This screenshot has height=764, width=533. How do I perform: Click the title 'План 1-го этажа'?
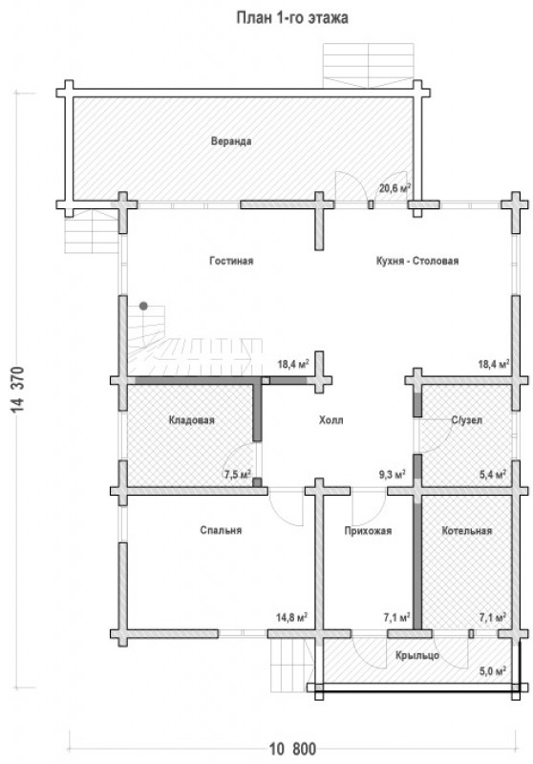[292, 18]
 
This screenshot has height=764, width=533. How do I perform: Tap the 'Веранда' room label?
[231, 141]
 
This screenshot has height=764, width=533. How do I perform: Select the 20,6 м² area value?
[394, 187]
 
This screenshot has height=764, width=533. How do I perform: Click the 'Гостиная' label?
[231, 261]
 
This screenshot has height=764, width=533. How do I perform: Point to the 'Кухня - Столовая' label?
[417, 261]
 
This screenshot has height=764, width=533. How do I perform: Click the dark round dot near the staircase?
[143, 306]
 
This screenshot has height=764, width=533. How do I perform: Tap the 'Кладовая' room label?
[191, 420]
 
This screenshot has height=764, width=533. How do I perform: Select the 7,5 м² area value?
[237, 474]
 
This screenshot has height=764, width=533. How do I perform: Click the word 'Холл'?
[330, 420]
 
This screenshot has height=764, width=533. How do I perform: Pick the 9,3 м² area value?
[393, 474]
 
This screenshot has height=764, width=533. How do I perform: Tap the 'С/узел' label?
[467, 420]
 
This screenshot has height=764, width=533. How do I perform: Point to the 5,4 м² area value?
[492, 474]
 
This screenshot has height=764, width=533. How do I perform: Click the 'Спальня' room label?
[221, 530]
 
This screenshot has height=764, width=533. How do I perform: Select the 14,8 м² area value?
[292, 618]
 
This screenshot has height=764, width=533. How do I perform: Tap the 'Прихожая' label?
[368, 531]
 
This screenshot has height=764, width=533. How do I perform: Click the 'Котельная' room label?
[467, 530]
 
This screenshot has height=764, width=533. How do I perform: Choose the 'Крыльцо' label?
[417, 655]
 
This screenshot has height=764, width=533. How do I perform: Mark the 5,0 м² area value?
[492, 671]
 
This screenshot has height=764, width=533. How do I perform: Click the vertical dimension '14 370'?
[18, 390]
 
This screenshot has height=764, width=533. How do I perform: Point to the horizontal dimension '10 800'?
[292, 748]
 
